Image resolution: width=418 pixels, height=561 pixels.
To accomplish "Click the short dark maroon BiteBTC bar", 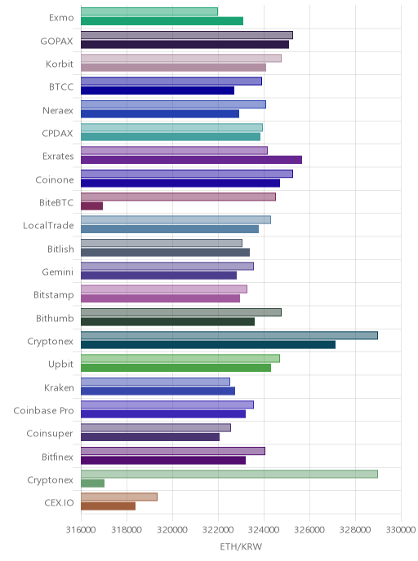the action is [x=91, y=206].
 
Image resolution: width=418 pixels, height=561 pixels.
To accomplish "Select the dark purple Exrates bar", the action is [x=191, y=160].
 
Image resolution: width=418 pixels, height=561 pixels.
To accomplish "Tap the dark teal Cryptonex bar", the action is [x=208, y=345].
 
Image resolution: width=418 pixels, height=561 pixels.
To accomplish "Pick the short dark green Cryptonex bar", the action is [x=92, y=484].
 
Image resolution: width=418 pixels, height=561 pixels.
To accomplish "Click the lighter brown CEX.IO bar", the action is [x=119, y=497].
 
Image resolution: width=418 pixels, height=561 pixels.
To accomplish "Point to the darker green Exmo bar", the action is [x=162, y=21].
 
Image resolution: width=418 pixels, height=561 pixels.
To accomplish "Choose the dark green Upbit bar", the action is [x=176, y=368].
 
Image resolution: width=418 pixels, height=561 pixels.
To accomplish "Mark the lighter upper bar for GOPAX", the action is [x=187, y=35].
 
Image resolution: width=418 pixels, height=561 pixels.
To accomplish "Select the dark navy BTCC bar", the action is [x=158, y=91].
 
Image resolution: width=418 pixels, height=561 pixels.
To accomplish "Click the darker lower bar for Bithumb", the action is [x=167, y=321].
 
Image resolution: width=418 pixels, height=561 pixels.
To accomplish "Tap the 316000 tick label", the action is [x=81, y=529].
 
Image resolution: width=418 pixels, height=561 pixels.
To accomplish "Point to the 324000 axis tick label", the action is [x=264, y=529].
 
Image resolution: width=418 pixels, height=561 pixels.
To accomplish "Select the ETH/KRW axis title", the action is [x=241, y=546].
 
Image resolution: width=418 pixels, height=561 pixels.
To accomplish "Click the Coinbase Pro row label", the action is [x=43, y=410].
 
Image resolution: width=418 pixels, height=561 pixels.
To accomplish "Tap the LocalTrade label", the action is [x=48, y=225].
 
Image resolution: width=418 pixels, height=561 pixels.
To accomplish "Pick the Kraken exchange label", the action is [x=59, y=387].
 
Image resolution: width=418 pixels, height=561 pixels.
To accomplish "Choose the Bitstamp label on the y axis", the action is [x=54, y=295].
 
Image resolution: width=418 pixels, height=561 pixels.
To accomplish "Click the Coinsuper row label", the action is [x=50, y=434].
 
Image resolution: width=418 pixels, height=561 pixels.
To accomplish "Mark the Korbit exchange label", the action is [x=60, y=64].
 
